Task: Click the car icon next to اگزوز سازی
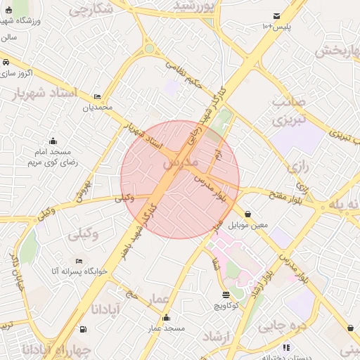click(x=6, y=62)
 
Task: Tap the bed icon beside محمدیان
click(x=97, y=96)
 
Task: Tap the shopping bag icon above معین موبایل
click(x=248, y=214)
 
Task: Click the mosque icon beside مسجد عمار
click(x=165, y=317)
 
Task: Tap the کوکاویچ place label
click(x=225, y=306)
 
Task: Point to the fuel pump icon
click(x=84, y=328)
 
